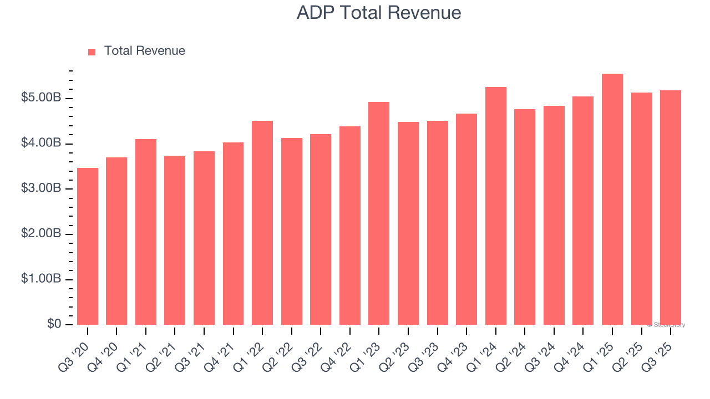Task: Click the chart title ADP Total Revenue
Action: [379, 12]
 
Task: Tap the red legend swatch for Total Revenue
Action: [92, 52]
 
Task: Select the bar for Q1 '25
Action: [612, 199]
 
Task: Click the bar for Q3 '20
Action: [88, 247]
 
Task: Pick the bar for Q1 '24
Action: [495, 206]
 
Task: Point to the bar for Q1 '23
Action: [379, 213]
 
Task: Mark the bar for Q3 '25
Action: [670, 208]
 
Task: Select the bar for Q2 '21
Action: [175, 241]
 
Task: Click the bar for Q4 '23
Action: [466, 219]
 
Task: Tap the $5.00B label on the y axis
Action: [41, 98]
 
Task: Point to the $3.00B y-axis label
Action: [41, 188]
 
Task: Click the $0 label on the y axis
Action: [53, 324]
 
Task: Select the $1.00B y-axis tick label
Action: [41, 279]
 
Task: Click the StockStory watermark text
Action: [666, 325]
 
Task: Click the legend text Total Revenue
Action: [144, 51]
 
